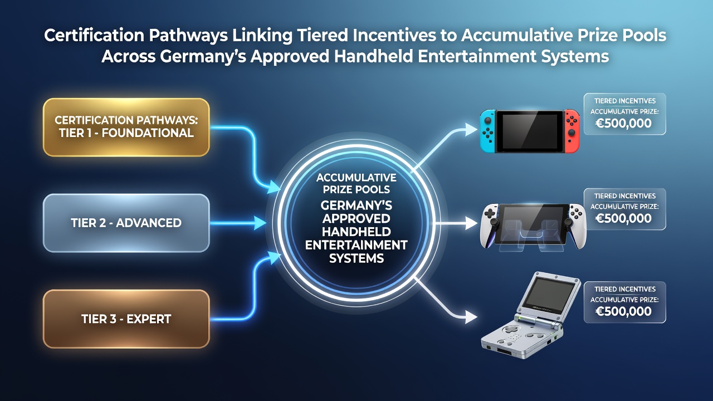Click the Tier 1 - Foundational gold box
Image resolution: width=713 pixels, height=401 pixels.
pyautogui.click(x=126, y=128)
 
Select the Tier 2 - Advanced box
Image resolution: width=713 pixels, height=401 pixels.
pyautogui.click(x=126, y=223)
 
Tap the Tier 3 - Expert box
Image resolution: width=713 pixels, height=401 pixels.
pyautogui.click(x=126, y=319)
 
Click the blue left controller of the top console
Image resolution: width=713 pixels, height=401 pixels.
pyautogui.click(x=487, y=131)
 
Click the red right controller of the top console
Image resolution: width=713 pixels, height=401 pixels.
pyautogui.click(x=572, y=131)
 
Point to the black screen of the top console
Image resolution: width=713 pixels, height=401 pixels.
pyautogui.click(x=530, y=131)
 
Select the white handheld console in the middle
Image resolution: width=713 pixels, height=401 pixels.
pyautogui.click(x=533, y=226)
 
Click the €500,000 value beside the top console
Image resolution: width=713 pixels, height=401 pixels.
pyautogui.click(x=623, y=123)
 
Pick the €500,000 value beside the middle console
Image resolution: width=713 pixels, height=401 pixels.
pyautogui.click(x=623, y=218)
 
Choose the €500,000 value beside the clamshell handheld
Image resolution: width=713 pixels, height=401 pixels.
pyautogui.click(x=623, y=311)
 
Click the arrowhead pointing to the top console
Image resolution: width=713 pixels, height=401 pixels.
pyautogui.click(x=471, y=129)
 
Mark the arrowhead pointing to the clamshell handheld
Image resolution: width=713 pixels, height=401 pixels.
pyautogui.click(x=471, y=317)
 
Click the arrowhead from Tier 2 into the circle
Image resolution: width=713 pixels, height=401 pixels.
pyautogui.click(x=260, y=223)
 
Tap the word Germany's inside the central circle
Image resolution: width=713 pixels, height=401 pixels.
pyautogui.click(x=356, y=206)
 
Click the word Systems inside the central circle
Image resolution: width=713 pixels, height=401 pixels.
pyautogui.click(x=356, y=258)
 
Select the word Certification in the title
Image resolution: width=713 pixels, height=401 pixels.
pyautogui.click(x=94, y=35)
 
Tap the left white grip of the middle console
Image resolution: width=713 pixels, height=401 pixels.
pyautogui.click(x=489, y=226)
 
